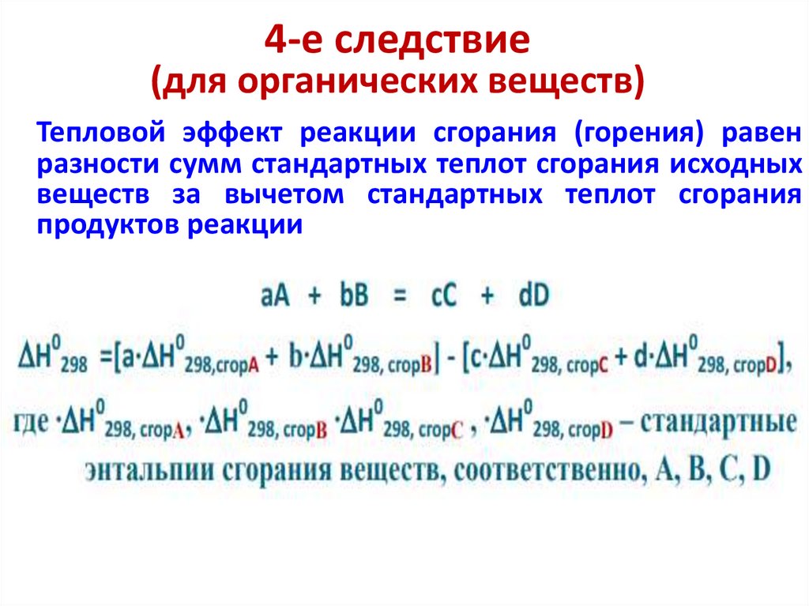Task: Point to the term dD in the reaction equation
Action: click(x=534, y=295)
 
